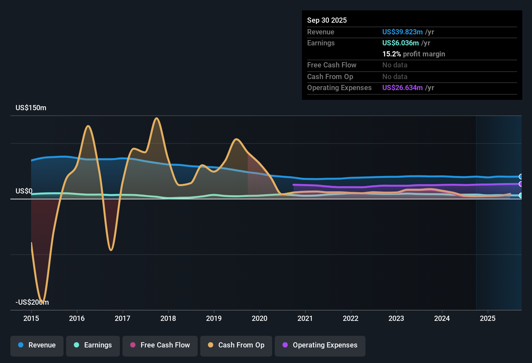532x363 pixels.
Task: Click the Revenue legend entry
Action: (x=37, y=345)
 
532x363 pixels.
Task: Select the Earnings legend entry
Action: (x=93, y=345)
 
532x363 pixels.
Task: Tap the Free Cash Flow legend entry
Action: (x=160, y=345)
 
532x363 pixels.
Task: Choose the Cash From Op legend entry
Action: (x=236, y=345)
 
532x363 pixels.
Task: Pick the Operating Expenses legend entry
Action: (x=320, y=345)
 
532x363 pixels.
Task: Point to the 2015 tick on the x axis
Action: (x=31, y=318)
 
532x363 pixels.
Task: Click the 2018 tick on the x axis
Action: (x=168, y=318)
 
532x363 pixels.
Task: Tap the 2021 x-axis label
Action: (x=305, y=318)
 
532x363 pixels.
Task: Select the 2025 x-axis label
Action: (x=488, y=318)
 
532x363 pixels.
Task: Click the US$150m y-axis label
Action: (x=31, y=108)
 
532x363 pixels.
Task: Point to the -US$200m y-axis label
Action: (x=32, y=302)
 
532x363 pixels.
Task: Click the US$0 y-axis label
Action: (x=24, y=191)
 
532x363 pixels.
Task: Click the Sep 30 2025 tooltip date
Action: (x=327, y=20)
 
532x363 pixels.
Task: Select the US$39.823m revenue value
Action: (x=402, y=32)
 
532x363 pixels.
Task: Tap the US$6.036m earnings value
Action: (x=400, y=43)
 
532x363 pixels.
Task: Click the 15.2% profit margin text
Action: (x=413, y=54)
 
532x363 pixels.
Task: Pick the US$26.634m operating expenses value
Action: (x=402, y=88)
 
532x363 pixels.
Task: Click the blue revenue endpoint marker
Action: (x=521, y=177)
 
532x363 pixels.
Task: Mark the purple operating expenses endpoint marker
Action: (x=521, y=184)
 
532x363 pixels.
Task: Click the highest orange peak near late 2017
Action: (x=157, y=118)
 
